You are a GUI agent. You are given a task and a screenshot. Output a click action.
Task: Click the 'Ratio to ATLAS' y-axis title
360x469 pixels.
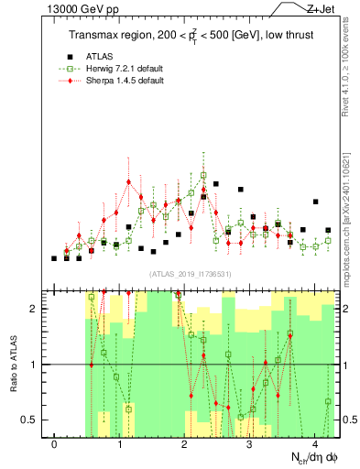point(14,364)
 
